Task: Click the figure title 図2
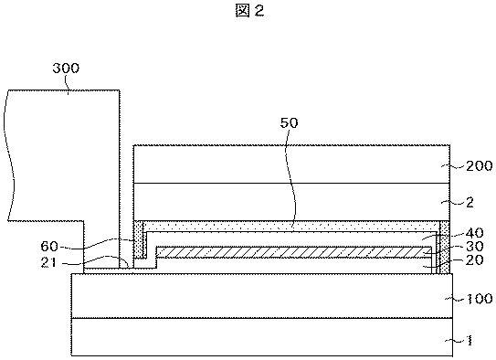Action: pyautogui.click(x=249, y=11)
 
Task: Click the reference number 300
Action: pyautogui.click(x=66, y=68)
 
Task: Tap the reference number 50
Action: pyautogui.click(x=290, y=122)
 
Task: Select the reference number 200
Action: pyautogui.click(x=480, y=165)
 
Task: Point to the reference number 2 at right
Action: pyautogui.click(x=470, y=203)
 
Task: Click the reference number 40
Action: pyautogui.click(x=474, y=233)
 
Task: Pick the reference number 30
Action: pyautogui.click(x=474, y=247)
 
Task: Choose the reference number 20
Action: pyautogui.click(x=474, y=260)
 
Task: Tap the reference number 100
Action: pyautogui.click(x=480, y=299)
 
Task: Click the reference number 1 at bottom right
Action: pyautogui.click(x=470, y=341)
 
